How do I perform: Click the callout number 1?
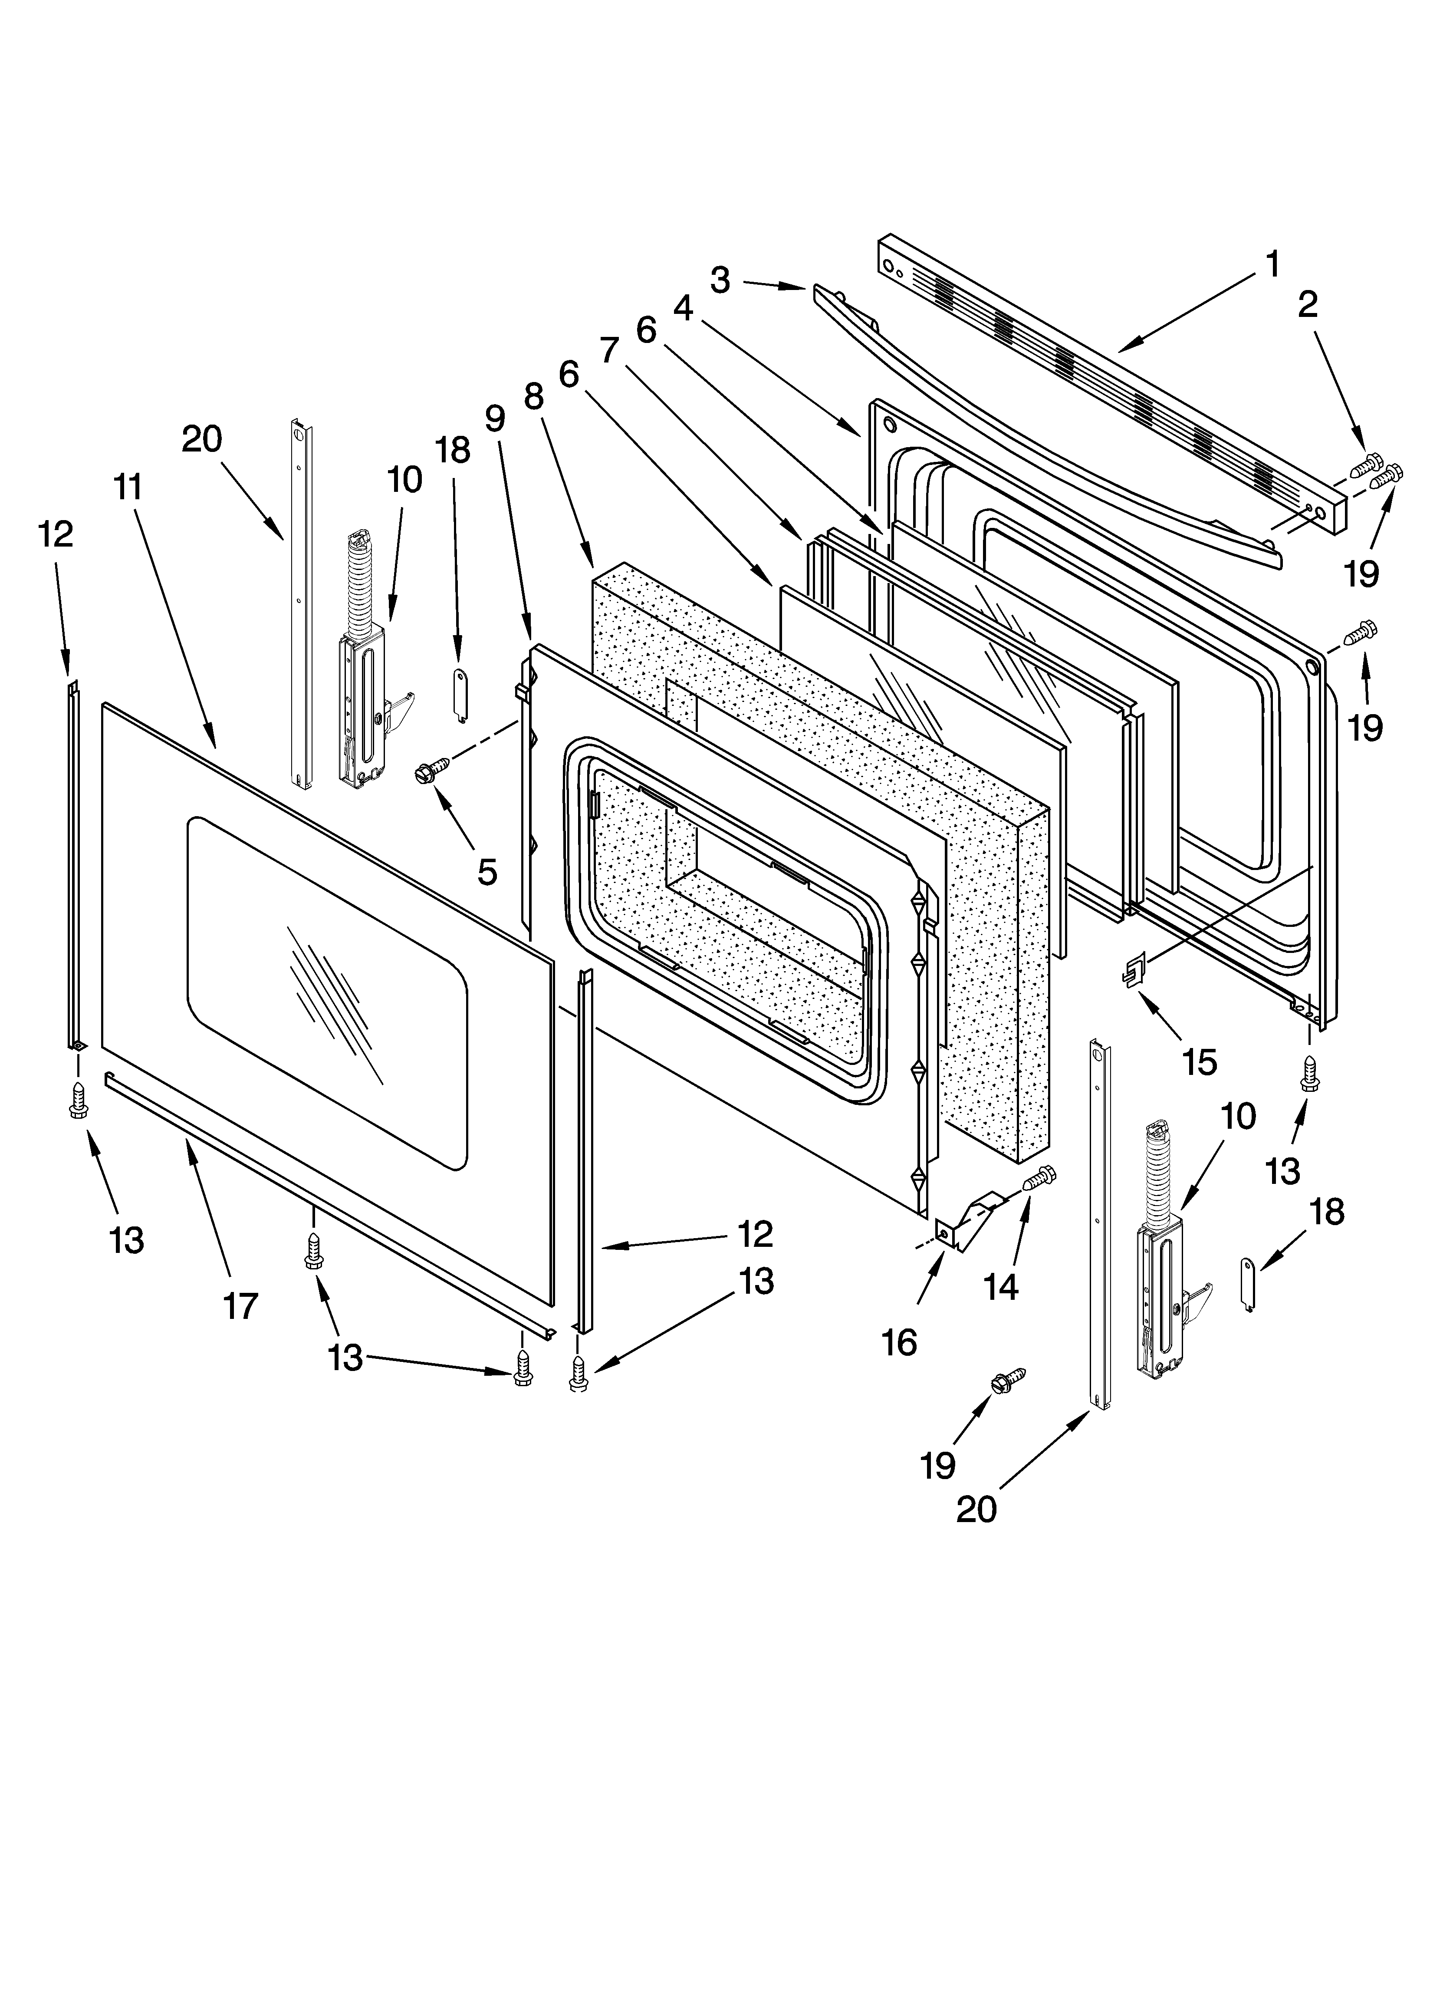(x=1272, y=264)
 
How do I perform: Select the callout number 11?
(x=128, y=487)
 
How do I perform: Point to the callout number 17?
(x=240, y=1306)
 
